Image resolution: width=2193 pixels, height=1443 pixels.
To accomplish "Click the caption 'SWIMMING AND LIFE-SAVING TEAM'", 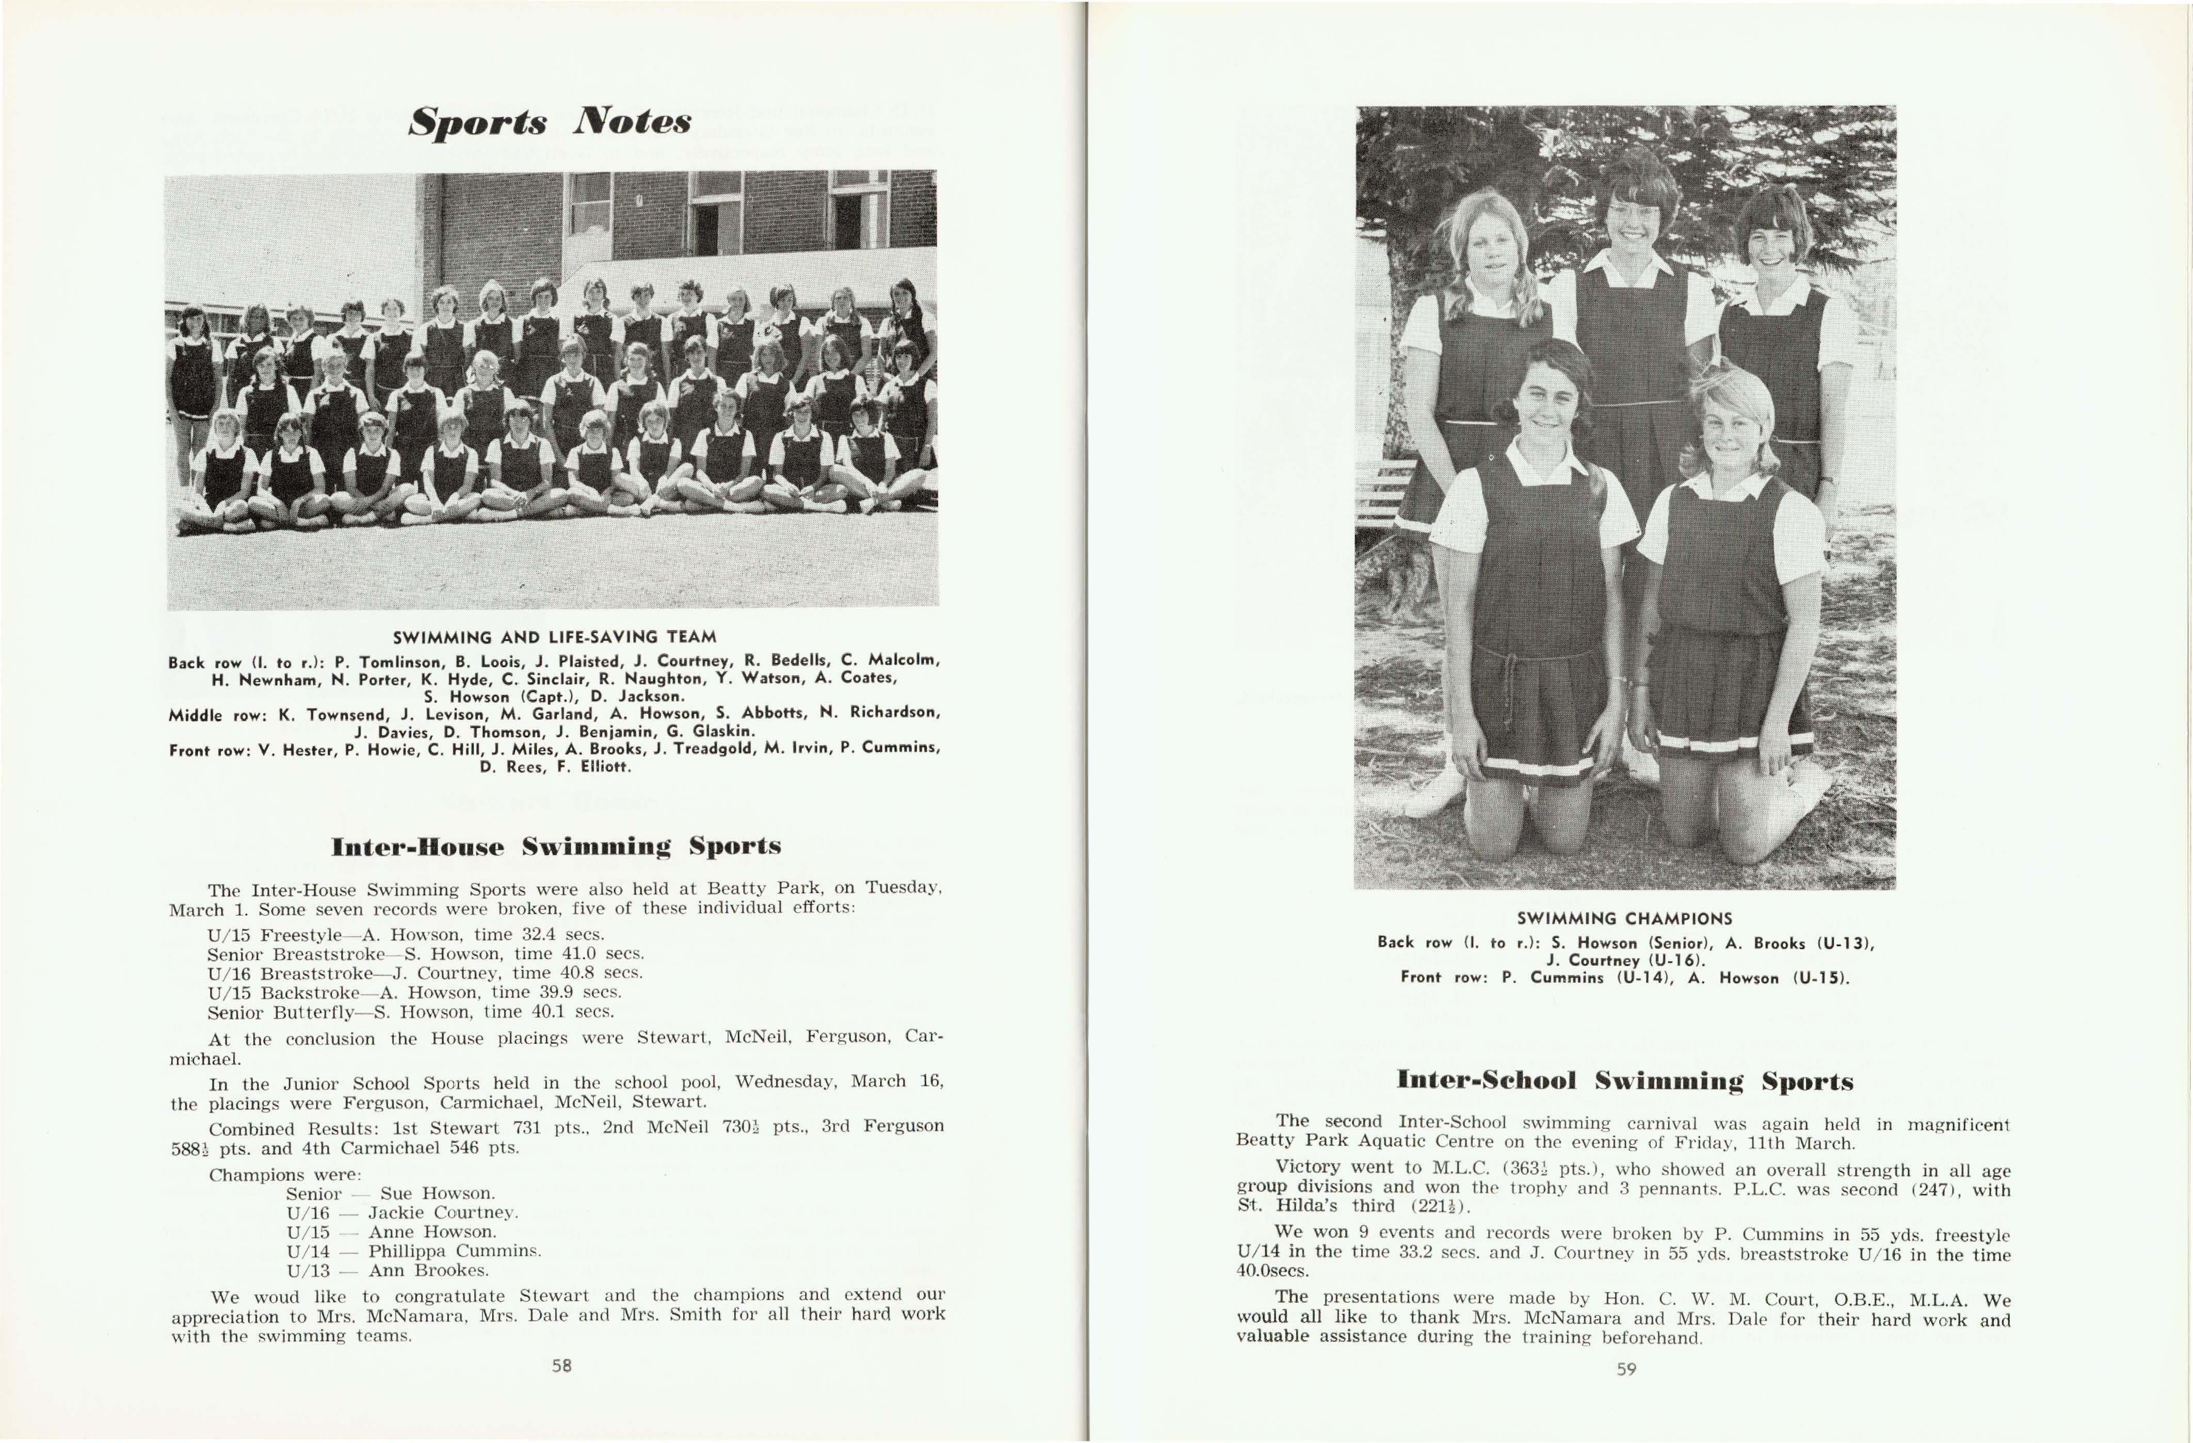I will (555, 637).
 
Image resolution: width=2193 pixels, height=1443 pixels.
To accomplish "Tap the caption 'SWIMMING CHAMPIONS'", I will (1624, 919).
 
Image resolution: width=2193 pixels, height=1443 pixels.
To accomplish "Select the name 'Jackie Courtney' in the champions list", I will (442, 1212).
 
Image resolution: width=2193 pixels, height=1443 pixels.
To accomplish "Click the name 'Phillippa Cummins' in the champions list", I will (454, 1251).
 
